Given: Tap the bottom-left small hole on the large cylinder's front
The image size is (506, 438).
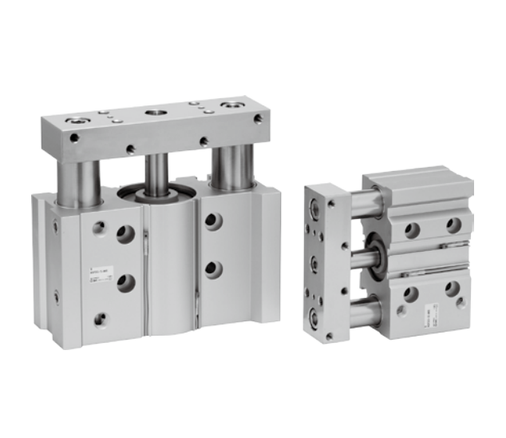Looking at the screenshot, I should point(100,319).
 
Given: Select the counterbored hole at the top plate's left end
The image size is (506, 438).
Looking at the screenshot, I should point(77,121).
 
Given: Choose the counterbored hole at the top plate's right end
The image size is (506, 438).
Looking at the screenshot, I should point(232,105).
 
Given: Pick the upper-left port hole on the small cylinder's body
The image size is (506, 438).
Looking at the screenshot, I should point(412,230).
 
